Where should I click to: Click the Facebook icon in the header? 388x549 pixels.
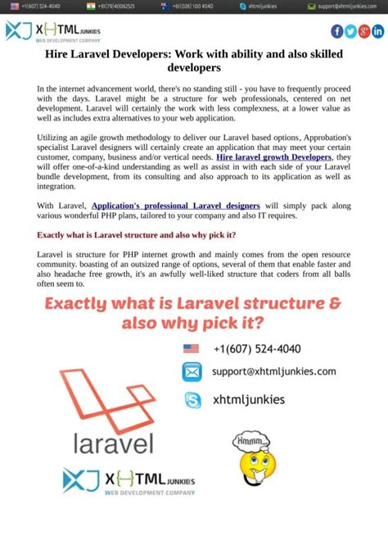point(337,31)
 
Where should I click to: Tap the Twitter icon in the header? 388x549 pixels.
point(350,31)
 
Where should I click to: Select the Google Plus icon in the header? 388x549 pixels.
point(364,31)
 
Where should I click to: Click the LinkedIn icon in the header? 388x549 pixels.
point(377,31)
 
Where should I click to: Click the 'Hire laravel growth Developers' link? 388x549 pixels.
point(273,157)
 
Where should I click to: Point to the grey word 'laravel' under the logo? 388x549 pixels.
point(114,444)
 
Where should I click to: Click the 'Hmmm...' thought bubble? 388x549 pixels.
point(247,442)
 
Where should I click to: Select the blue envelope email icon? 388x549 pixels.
point(192,372)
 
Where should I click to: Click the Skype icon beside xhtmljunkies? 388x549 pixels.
point(192,400)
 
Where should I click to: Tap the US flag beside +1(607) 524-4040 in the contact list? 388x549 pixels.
point(191,348)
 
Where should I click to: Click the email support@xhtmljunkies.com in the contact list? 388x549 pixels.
point(273,371)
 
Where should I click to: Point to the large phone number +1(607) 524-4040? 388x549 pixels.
point(256,348)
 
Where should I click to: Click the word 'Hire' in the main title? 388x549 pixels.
point(60,53)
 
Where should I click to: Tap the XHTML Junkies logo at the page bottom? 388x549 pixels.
point(129,482)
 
